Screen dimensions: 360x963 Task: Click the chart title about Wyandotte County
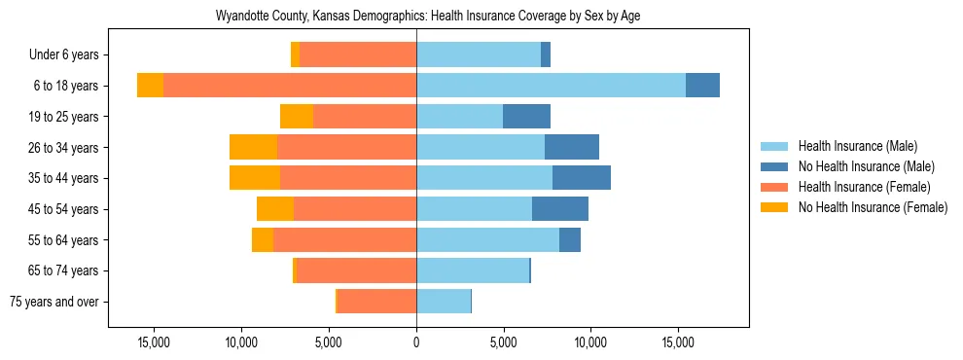421,17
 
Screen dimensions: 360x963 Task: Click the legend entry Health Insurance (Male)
857,146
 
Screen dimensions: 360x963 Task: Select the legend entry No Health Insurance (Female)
872,207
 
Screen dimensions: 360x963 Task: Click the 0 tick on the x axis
416,342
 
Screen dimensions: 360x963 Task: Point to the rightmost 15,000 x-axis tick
678,342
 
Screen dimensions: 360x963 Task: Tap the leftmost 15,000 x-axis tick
154,342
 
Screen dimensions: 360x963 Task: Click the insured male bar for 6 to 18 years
551,86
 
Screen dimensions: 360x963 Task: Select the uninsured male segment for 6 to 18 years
702,86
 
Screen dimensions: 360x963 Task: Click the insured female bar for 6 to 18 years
290,86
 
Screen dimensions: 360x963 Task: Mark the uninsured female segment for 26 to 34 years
253,147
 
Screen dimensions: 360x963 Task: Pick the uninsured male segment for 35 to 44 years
582,178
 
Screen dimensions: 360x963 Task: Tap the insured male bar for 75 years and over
444,302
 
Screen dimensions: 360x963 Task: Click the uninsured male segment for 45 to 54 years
560,209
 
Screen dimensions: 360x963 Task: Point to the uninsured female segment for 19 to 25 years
297,117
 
